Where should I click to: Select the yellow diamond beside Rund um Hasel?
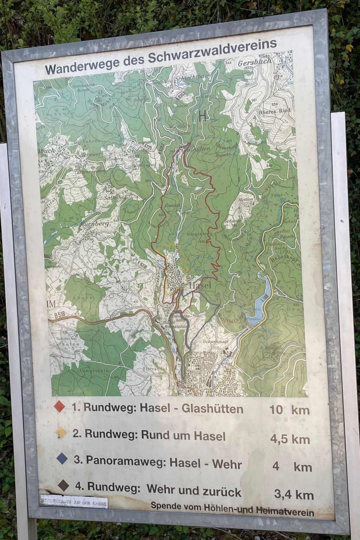[x=61, y=433]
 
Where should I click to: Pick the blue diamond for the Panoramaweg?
[x=62, y=459]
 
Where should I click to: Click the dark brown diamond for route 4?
[x=63, y=486]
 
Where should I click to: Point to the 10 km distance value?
[x=289, y=410]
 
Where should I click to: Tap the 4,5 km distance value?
[x=290, y=439]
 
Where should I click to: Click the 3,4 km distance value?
[x=294, y=495]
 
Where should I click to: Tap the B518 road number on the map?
[x=61, y=316]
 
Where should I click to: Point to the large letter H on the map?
[x=202, y=116]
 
